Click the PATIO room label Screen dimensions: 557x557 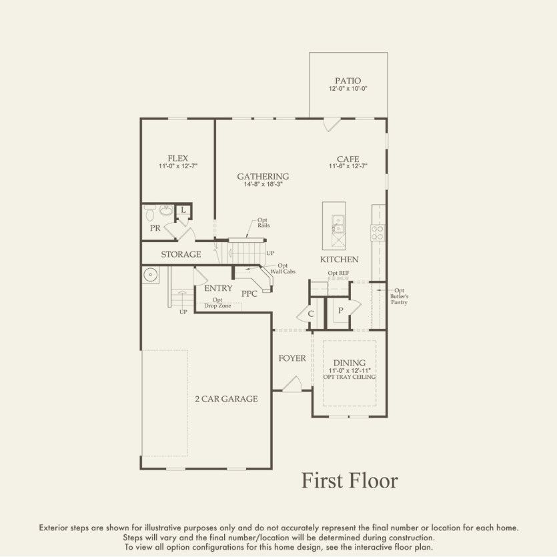pos(348,81)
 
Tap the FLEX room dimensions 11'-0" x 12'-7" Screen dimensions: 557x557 pos(177,166)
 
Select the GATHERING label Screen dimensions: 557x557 pos(263,176)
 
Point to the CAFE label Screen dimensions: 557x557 pos(348,159)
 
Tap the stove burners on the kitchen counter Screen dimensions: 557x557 pos(378,232)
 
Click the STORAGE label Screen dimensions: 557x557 pos(181,254)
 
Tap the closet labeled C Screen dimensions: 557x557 pos(310,314)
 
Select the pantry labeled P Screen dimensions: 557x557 pos(340,310)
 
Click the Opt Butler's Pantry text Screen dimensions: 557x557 pos(400,296)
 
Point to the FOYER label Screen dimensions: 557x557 pos(292,358)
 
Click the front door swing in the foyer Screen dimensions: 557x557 pos(291,384)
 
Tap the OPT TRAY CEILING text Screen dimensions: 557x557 pos(350,378)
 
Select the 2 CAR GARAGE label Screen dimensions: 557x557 pos(226,399)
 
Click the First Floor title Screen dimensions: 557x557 pos(349,480)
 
